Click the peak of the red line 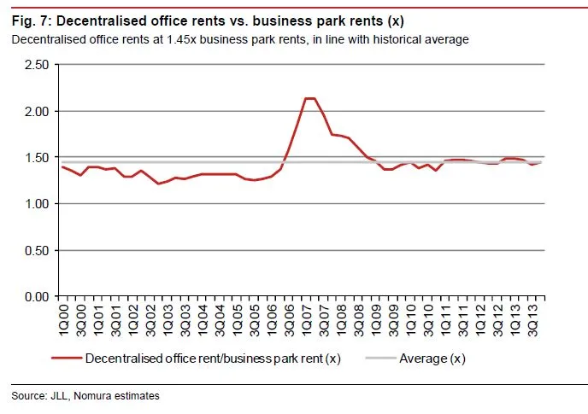tap(309, 98)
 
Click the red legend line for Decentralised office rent tap(65, 359)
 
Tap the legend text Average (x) tap(432, 359)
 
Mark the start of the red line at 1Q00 tap(62, 166)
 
